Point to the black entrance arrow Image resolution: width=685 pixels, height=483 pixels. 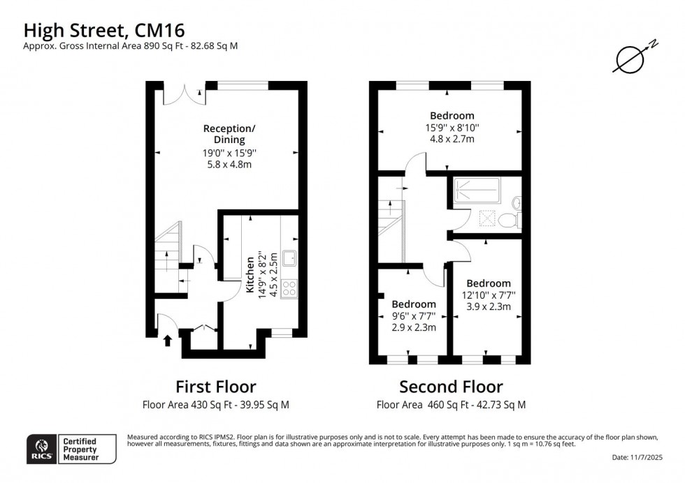[167, 341]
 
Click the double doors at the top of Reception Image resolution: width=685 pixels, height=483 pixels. [185, 94]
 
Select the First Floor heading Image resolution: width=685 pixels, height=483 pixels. [215, 386]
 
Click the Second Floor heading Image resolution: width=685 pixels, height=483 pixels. [451, 386]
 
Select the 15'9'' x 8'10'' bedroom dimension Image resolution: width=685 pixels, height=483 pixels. [452, 127]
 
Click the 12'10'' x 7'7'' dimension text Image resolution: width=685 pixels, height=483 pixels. [489, 295]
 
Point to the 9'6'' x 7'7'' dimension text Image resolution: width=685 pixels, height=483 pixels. [414, 315]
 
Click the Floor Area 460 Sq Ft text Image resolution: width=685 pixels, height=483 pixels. [451, 405]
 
